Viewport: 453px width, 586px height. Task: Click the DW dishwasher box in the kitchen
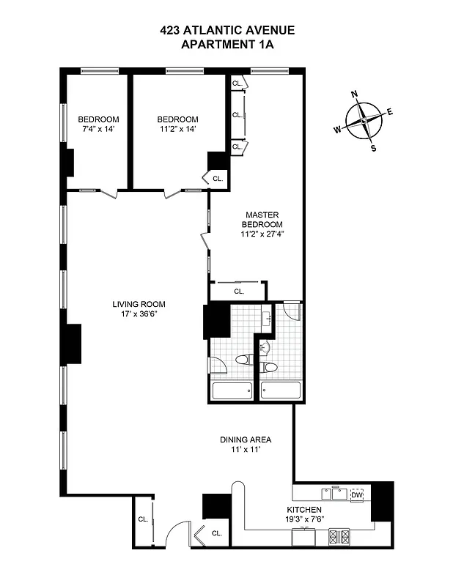357,495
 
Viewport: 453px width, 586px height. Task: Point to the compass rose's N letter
355,94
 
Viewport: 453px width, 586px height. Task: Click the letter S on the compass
374,147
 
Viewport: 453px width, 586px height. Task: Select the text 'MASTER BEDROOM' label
262,219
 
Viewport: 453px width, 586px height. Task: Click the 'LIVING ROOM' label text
139,304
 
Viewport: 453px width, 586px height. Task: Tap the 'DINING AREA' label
246,439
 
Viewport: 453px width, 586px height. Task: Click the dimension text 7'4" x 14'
98,130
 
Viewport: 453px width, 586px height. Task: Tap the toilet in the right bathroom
269,367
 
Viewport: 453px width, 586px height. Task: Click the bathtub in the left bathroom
232,390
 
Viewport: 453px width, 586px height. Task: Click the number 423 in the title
172,31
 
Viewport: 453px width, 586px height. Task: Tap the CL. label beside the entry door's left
143,519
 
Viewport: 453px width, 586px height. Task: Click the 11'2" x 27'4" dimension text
262,234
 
